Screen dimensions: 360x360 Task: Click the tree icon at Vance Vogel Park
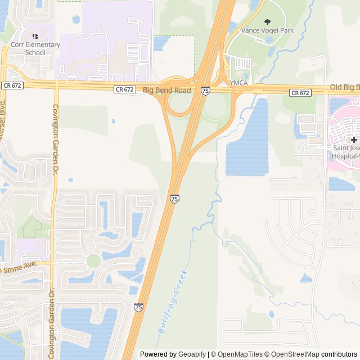pos(267,21)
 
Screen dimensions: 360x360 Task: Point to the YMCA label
pos(238,83)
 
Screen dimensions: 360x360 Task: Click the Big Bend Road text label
pos(166,90)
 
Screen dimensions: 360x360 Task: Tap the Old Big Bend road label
pos(344,87)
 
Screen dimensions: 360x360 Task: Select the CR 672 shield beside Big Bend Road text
pos(124,89)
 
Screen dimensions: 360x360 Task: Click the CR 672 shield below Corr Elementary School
pos(12,85)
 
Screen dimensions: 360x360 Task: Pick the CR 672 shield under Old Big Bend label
pos(300,92)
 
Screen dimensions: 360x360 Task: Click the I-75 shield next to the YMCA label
pos(205,91)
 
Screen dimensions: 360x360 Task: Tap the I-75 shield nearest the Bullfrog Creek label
pos(139,307)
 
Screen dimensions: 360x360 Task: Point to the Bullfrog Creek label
pos(172,302)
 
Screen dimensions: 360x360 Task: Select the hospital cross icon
pos(354,139)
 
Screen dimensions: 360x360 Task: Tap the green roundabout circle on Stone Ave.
pos(93,261)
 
